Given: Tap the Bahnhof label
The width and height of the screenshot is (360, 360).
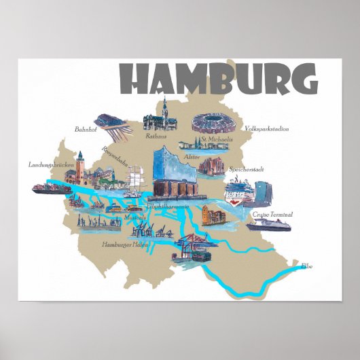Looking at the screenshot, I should [86, 127].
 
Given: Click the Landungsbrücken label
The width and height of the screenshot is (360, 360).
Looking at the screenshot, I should [51, 164].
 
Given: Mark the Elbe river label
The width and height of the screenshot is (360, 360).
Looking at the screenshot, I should [308, 266].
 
